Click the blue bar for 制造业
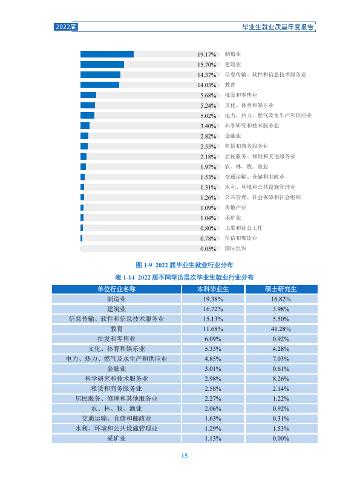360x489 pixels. [107, 54]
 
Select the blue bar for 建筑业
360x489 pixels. [102, 65]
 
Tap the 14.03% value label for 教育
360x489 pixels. [207, 85]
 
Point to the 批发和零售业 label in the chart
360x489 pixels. [241, 95]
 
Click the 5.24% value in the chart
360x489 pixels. [208, 106]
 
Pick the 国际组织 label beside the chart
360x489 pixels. [235, 249]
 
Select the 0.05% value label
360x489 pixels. [208, 249]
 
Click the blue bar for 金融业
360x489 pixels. [84, 136]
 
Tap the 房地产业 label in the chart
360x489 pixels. [235, 208]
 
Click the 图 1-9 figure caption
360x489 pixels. [185, 265]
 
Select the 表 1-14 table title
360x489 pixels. [185, 277]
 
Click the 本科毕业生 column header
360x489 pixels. [213, 289]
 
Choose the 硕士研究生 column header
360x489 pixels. [281, 289]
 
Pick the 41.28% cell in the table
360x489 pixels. [281, 329]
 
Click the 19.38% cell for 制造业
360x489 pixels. [213, 299]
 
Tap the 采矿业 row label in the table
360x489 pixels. [117, 439]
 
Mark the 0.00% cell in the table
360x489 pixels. [281, 439]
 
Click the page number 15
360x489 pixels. [185, 456]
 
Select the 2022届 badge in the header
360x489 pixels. [66, 27]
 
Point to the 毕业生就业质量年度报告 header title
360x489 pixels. [278, 27]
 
